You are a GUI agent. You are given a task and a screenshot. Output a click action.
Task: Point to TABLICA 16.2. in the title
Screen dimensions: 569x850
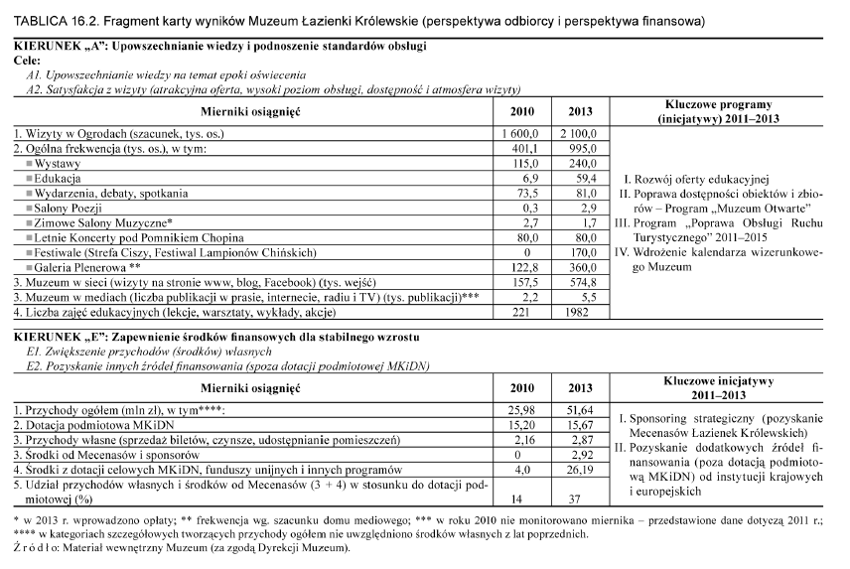tap(49, 19)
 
